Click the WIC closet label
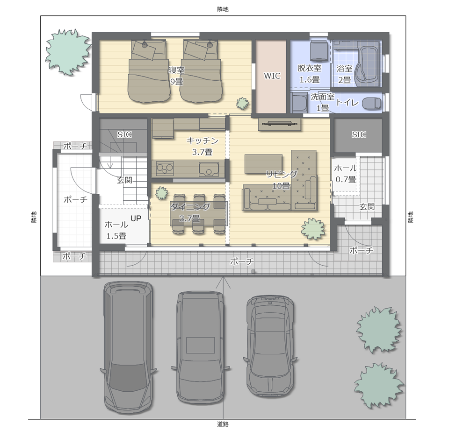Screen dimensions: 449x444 click(x=272, y=76)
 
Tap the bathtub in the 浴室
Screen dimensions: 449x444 click(x=368, y=64)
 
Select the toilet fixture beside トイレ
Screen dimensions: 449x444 click(x=372, y=103)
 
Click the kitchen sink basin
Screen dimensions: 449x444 click(x=209, y=169)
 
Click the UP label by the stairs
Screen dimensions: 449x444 click(x=136, y=218)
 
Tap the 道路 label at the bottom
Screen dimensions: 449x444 click(x=223, y=424)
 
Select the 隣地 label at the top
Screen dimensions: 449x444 click(x=223, y=9)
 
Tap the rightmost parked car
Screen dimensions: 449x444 click(x=270, y=346)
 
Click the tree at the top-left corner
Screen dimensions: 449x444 click(x=67, y=52)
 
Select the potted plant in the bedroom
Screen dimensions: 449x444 click(x=242, y=103)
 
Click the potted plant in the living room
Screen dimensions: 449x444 click(x=313, y=228)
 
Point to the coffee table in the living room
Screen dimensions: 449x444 click(x=263, y=164)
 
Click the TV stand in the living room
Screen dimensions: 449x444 click(x=280, y=124)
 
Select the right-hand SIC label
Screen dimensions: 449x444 click(x=359, y=134)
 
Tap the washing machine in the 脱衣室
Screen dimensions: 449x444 click(x=319, y=51)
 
